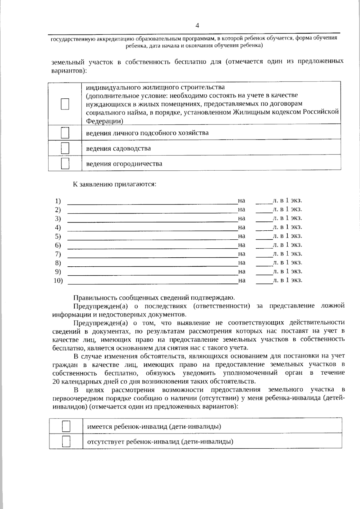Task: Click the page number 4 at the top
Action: (x=197, y=26)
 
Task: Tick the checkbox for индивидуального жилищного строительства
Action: (x=65, y=104)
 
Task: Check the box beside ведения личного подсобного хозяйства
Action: (x=65, y=133)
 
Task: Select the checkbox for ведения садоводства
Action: (x=65, y=148)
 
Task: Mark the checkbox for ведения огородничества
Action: (x=65, y=163)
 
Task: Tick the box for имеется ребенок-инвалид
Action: (x=66, y=426)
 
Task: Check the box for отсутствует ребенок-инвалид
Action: (x=66, y=442)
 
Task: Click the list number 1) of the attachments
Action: (x=58, y=201)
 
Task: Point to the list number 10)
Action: (x=58, y=281)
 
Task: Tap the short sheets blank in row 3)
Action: (x=264, y=221)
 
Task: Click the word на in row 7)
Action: (x=241, y=254)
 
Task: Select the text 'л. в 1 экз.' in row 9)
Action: (x=287, y=271)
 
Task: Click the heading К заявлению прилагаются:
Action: (x=115, y=184)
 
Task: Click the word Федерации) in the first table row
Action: (x=104, y=121)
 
